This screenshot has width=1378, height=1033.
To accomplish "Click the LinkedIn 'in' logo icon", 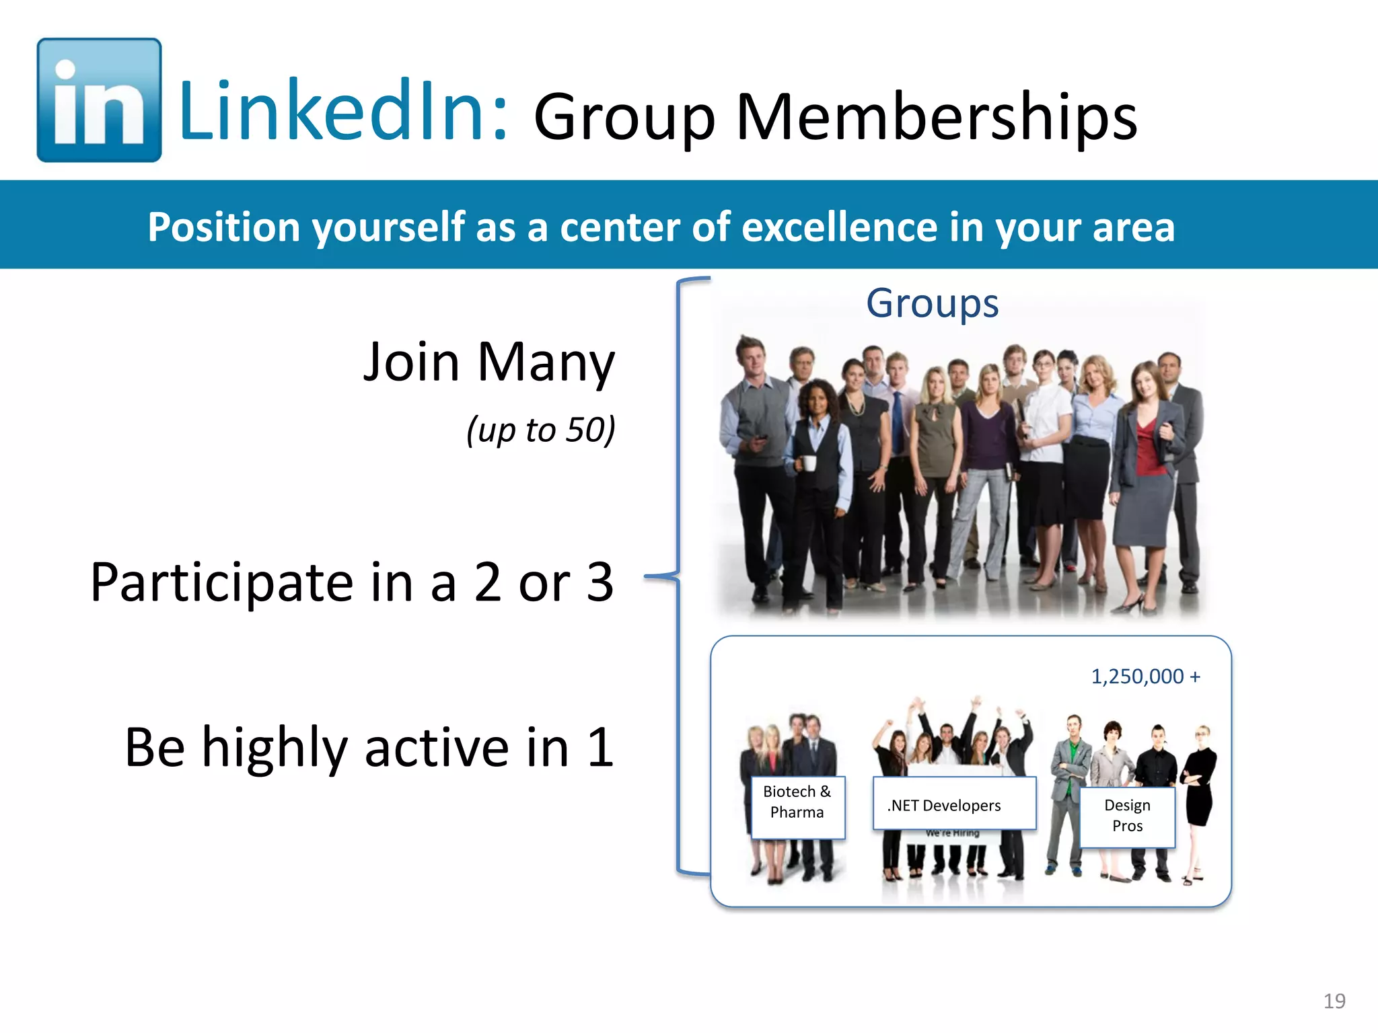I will coord(99,100).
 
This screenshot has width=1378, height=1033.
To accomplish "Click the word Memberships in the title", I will coord(936,117).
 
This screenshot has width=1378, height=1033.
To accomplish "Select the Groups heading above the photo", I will coord(932,303).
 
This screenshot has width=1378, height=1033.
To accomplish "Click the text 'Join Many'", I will coord(488,362).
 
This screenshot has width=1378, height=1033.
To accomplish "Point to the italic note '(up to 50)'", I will coord(540,430).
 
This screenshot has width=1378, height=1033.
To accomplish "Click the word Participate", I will coord(222,582).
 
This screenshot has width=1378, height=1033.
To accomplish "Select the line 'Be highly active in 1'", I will coord(369,747).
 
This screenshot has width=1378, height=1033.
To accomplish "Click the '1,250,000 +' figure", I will coord(1145,676).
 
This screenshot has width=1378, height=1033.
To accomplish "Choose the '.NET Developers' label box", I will coord(953,804).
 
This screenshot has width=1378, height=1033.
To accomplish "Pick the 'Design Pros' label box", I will coord(1127,816).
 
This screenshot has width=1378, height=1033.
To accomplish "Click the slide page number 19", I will coord(1334,1001).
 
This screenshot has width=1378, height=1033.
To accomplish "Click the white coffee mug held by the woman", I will coord(808,463).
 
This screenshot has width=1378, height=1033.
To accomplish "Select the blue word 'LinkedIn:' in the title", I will coord(343,111).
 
